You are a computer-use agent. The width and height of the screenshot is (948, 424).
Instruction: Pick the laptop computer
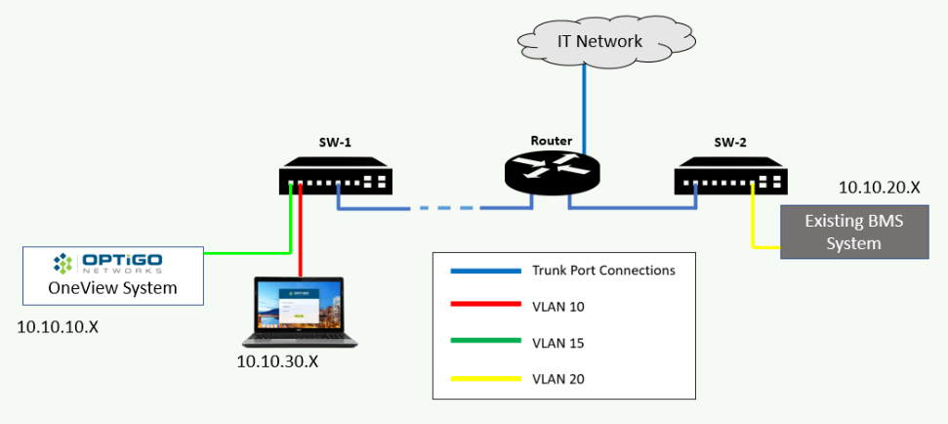(x=300, y=313)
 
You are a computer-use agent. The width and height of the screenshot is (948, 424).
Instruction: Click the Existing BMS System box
(x=853, y=233)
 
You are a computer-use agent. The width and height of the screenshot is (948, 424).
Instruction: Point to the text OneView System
(x=112, y=287)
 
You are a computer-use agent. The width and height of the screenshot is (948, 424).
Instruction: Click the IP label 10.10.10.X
(x=58, y=326)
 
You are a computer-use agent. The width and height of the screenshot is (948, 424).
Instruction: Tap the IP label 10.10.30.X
(x=277, y=362)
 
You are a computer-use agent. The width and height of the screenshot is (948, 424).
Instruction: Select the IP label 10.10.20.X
(x=880, y=186)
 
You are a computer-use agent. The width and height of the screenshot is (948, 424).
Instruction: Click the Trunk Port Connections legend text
(x=602, y=271)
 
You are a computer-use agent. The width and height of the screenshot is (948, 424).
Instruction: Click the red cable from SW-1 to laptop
(x=302, y=234)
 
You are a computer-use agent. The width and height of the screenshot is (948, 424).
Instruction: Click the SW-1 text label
(x=335, y=142)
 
